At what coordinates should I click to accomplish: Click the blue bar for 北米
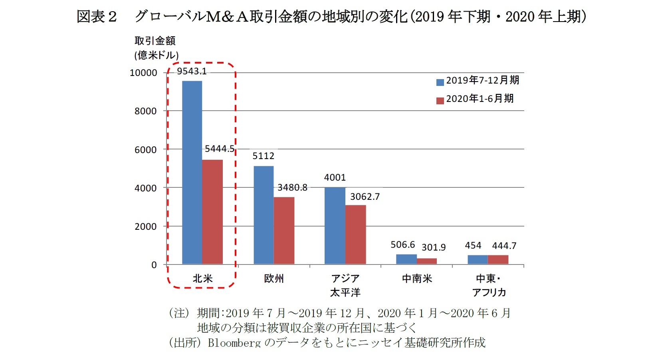coord(192,172)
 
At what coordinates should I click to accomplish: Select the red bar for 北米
coord(212,212)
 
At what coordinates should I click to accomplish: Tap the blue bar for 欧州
coord(264,215)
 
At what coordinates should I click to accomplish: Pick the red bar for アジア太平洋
coord(355,235)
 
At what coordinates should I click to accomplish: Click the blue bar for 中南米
coord(406,259)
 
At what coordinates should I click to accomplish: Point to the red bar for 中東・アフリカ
coord(498,260)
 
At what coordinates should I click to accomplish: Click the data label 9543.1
coord(192,71)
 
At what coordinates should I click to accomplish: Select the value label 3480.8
coord(292,187)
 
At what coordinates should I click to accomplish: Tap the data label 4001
coord(335,177)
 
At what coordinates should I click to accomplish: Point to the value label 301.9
coord(434,247)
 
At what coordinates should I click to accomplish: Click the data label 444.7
coord(504,246)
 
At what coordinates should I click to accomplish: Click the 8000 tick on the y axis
coord(145,111)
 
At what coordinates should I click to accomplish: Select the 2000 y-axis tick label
coord(145,227)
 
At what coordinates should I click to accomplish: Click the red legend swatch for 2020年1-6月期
coord(440,100)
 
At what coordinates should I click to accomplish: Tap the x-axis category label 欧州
coord(274,278)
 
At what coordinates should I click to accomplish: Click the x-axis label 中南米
coord(417,278)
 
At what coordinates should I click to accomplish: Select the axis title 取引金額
coord(155,41)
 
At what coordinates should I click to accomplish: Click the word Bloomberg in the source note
coord(234,343)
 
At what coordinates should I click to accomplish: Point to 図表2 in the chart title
coord(97,17)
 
